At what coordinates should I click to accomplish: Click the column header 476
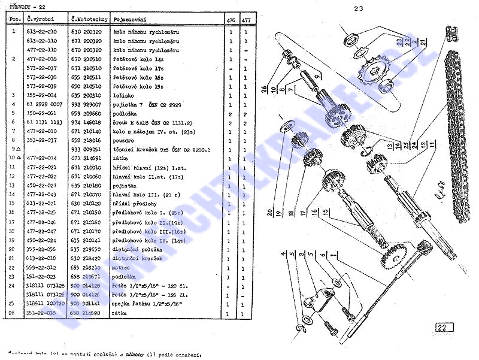[231, 20]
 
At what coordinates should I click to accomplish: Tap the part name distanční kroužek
[137, 258]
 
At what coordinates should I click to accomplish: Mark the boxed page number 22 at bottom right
[442, 327]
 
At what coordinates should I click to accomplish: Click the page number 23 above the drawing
[359, 8]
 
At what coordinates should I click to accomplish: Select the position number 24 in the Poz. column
[13, 286]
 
